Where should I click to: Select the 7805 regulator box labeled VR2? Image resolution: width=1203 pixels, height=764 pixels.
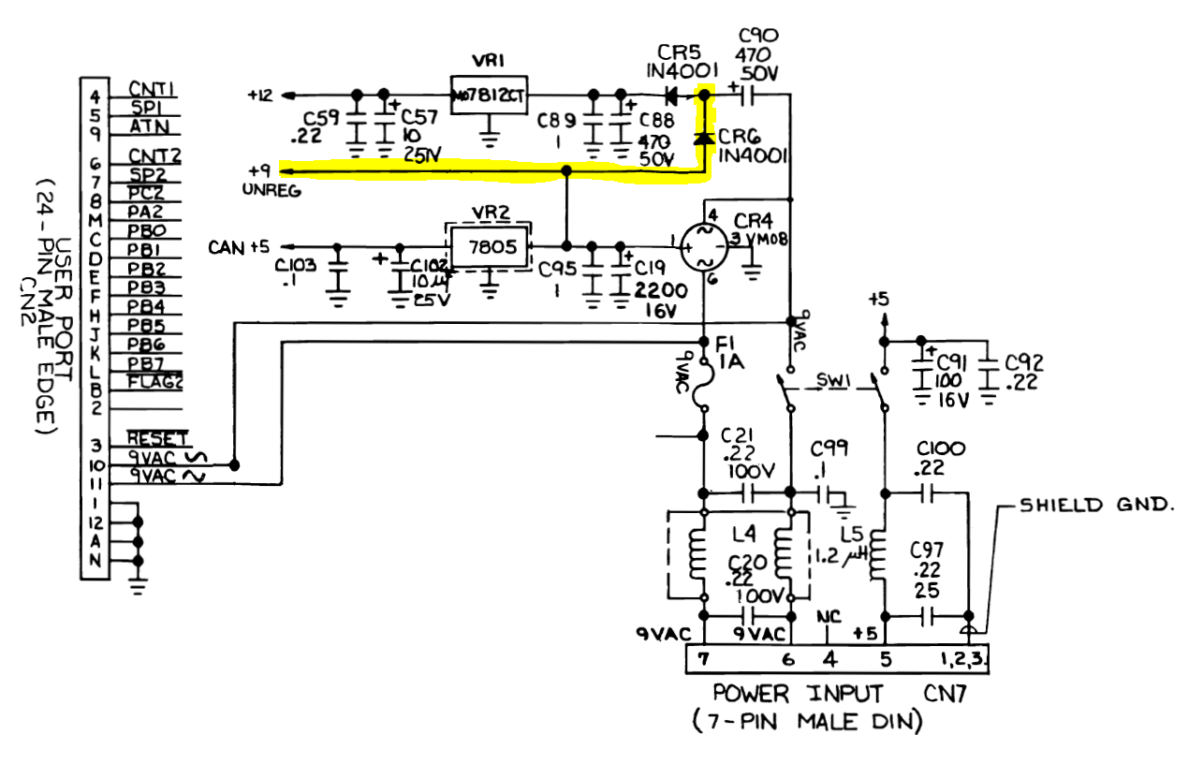(488, 247)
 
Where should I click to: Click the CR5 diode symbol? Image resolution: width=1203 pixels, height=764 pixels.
(671, 95)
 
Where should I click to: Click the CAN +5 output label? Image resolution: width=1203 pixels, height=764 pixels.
(239, 247)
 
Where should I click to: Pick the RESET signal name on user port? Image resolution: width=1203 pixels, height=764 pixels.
(157, 438)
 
